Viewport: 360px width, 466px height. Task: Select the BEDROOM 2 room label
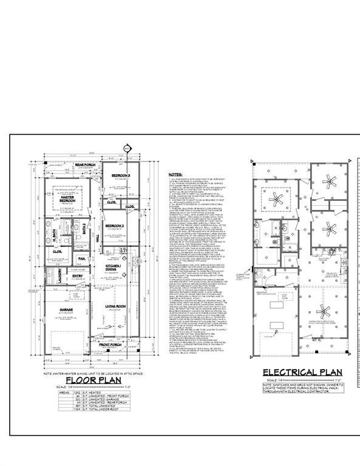click(114, 226)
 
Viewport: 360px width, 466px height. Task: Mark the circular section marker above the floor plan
click(127, 148)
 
